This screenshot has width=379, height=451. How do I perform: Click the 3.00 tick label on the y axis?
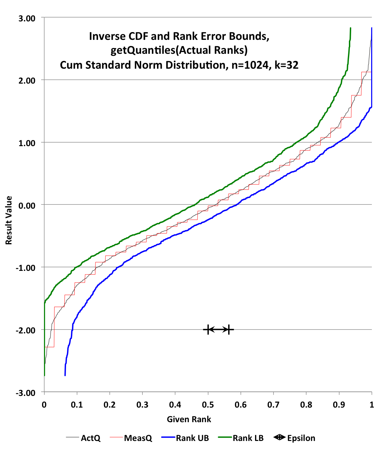[27, 18]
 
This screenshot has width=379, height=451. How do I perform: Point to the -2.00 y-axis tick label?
[26, 330]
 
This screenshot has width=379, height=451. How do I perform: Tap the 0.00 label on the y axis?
[27, 205]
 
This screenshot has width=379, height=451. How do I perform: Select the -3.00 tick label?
[26, 393]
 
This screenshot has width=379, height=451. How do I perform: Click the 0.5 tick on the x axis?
[208, 404]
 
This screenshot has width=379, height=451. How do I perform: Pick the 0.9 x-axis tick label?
[339, 404]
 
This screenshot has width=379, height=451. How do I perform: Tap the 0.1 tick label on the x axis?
[77, 404]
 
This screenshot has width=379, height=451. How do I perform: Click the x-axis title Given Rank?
[189, 419]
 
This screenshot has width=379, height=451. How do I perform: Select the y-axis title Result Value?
[9, 220]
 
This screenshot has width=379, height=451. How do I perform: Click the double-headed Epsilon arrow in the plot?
[218, 330]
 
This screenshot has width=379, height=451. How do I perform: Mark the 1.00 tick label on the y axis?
[27, 143]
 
